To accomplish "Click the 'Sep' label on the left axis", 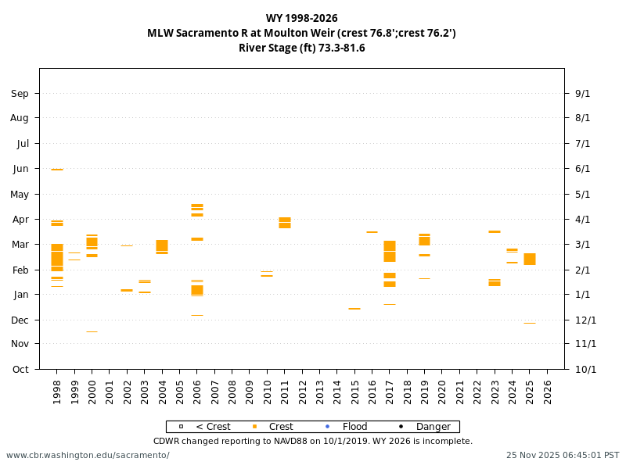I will [x=20, y=94].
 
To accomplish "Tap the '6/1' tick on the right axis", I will [x=582, y=169].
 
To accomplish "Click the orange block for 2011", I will [x=285, y=223].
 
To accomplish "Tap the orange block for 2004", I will [x=162, y=246].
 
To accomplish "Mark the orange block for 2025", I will [x=530, y=259].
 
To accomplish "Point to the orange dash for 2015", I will [x=354, y=309].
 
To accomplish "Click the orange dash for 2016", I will [x=372, y=232].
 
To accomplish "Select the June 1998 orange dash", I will [x=57, y=170].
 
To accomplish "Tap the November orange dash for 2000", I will [x=92, y=332].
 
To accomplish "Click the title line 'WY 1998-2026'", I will [x=301, y=18].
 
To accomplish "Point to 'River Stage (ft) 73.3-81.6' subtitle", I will [x=301, y=48].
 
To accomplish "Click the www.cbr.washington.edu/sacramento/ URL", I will [x=88, y=455].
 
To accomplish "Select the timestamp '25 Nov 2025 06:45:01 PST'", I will [x=562, y=455].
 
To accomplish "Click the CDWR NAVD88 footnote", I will [x=312, y=441].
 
